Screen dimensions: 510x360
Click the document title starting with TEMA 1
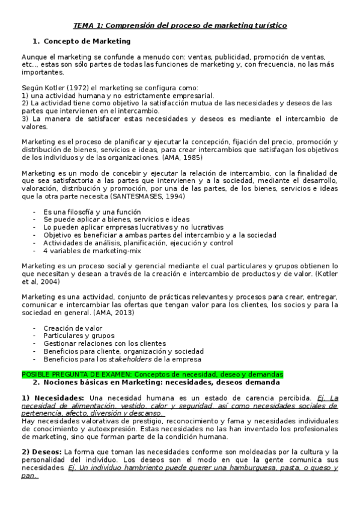180,25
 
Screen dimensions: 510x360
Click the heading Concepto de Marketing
87,41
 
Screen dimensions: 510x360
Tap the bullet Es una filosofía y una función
92,212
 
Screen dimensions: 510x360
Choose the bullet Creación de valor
73,328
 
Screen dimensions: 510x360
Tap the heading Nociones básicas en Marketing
156,382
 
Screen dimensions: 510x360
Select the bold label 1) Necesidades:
53,398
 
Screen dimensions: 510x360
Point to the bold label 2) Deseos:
41,452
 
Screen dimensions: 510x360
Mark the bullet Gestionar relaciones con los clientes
105,343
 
